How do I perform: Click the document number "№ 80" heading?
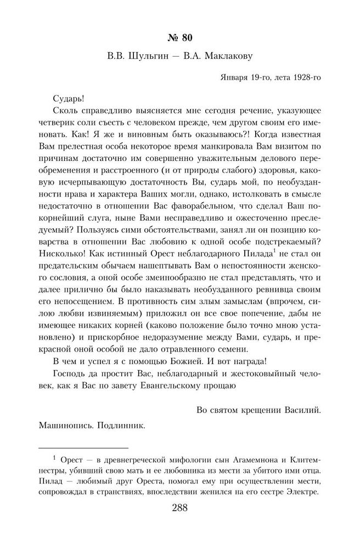179,38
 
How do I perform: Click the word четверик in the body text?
58,124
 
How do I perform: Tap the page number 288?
179,508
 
